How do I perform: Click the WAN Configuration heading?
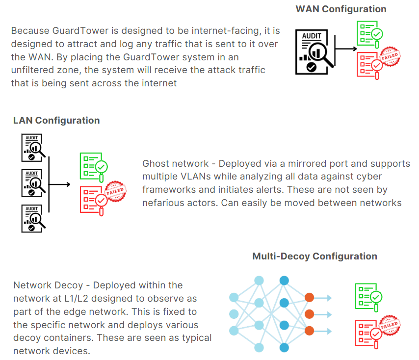(x=340, y=9)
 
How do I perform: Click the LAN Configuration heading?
(x=56, y=121)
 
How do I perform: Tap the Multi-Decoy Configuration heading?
(x=314, y=256)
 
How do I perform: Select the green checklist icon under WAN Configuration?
(x=370, y=32)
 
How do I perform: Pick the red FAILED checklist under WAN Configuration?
(x=376, y=62)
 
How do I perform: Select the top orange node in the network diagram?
(x=309, y=297)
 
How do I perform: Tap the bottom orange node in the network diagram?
(x=309, y=330)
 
